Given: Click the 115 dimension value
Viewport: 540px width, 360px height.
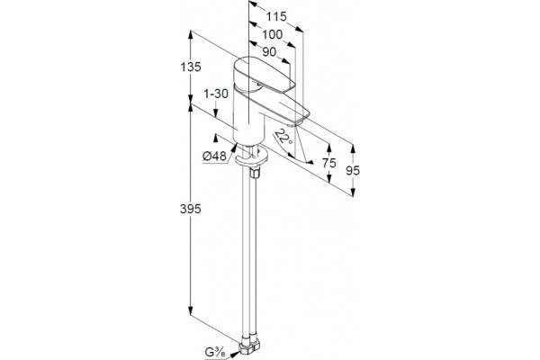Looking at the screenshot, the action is (x=276, y=16).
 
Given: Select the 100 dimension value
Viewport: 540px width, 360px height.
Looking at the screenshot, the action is (x=273, y=34).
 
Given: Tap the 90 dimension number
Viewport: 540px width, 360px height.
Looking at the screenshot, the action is (x=269, y=51).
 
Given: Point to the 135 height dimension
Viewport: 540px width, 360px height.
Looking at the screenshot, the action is (x=191, y=67).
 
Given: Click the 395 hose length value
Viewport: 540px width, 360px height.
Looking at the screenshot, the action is (x=191, y=209).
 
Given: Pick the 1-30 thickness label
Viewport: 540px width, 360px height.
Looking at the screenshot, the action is (x=216, y=94).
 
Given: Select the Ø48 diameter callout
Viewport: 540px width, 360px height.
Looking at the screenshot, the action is (x=214, y=156).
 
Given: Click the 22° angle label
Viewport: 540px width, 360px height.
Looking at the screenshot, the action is (x=284, y=137).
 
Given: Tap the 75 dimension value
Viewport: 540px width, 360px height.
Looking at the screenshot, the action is (x=328, y=163).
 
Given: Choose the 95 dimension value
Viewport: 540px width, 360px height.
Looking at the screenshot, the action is (x=353, y=170).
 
